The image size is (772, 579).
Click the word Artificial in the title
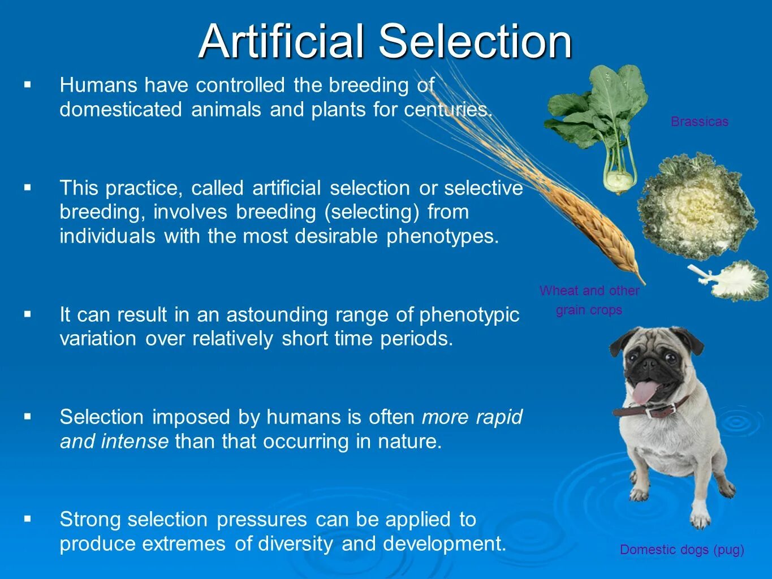[281, 41]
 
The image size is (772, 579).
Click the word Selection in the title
[476, 41]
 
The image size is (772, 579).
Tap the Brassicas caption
[700, 122]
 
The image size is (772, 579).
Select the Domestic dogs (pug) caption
[682, 550]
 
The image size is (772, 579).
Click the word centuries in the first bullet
[448, 110]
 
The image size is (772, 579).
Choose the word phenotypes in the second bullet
[443, 237]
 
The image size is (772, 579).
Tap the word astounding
[277, 315]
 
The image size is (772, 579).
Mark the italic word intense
[135, 442]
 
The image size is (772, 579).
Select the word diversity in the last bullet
[295, 544]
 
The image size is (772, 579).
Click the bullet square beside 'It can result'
[28, 314]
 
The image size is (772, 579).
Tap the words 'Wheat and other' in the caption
[589, 291]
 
